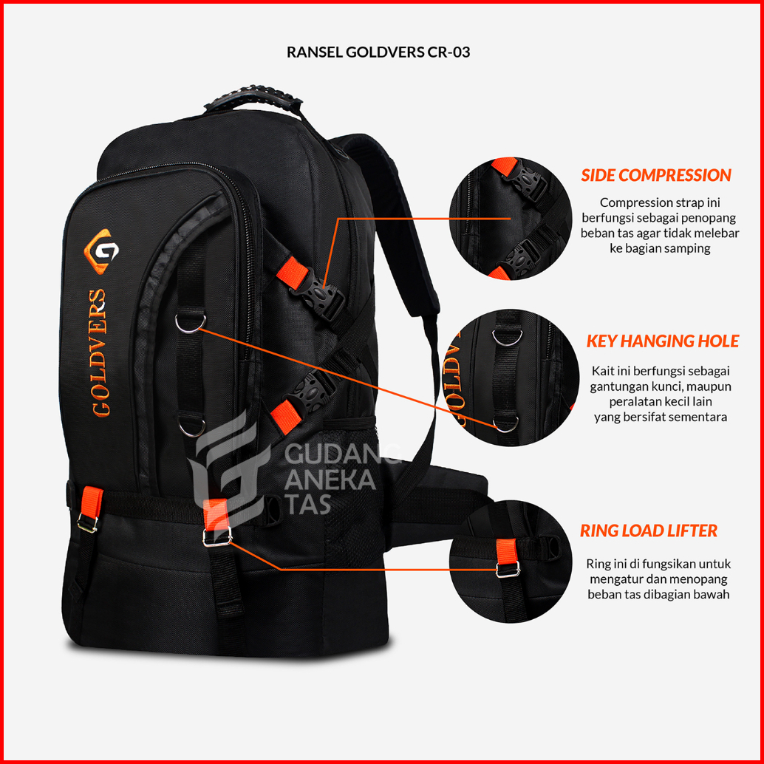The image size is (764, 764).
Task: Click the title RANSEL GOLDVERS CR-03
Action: pyautogui.click(x=378, y=52)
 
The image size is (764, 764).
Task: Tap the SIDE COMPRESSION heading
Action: pyautogui.click(x=655, y=176)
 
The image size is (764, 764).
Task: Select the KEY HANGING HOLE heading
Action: pyautogui.click(x=662, y=341)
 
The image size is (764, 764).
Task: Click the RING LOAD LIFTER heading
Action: pyautogui.click(x=648, y=531)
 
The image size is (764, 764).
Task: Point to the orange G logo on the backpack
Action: pyautogui.click(x=98, y=250)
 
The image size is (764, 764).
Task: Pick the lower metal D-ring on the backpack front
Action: pyautogui.click(x=191, y=427)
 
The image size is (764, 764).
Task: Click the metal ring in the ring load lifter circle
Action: pyautogui.click(x=507, y=569)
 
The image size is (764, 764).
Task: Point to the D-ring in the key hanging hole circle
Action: pyautogui.click(x=507, y=423)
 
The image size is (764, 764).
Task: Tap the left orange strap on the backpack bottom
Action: pyautogui.click(x=90, y=504)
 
